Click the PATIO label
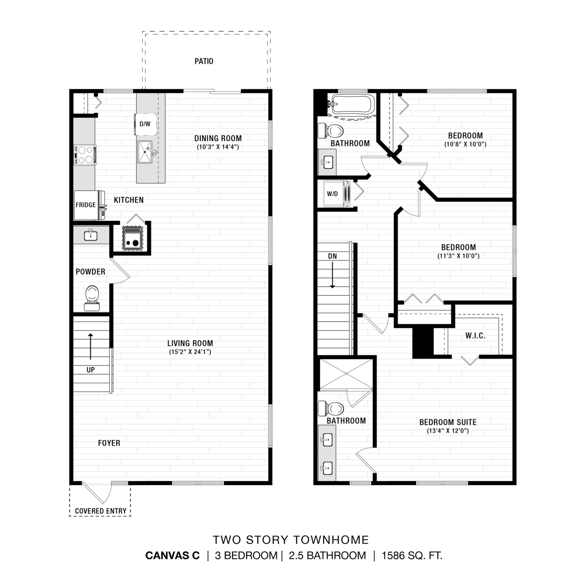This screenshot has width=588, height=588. click(x=204, y=61)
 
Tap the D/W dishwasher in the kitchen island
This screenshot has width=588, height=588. click(x=145, y=124)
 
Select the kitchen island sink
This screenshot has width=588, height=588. click(x=145, y=152)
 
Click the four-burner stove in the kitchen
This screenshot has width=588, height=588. click(x=85, y=155)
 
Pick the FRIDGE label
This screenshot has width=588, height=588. click(x=86, y=205)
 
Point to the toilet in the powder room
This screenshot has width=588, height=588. click(x=92, y=298)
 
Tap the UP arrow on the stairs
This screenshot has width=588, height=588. click(x=90, y=347)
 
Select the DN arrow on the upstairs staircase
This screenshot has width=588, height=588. click(x=333, y=275)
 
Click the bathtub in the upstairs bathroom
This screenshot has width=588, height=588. click(x=352, y=104)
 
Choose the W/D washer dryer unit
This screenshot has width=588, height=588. click(x=337, y=194)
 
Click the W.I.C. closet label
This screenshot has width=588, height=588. click(x=475, y=336)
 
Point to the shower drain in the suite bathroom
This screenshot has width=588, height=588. click(x=346, y=374)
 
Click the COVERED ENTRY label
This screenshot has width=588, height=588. click(x=101, y=511)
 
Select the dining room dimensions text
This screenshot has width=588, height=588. click(x=218, y=147)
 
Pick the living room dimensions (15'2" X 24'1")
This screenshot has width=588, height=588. click(x=190, y=352)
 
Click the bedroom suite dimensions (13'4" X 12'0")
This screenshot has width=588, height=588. click(x=448, y=431)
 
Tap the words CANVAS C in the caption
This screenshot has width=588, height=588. click(x=173, y=556)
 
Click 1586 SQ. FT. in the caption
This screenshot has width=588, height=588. click(x=412, y=556)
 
